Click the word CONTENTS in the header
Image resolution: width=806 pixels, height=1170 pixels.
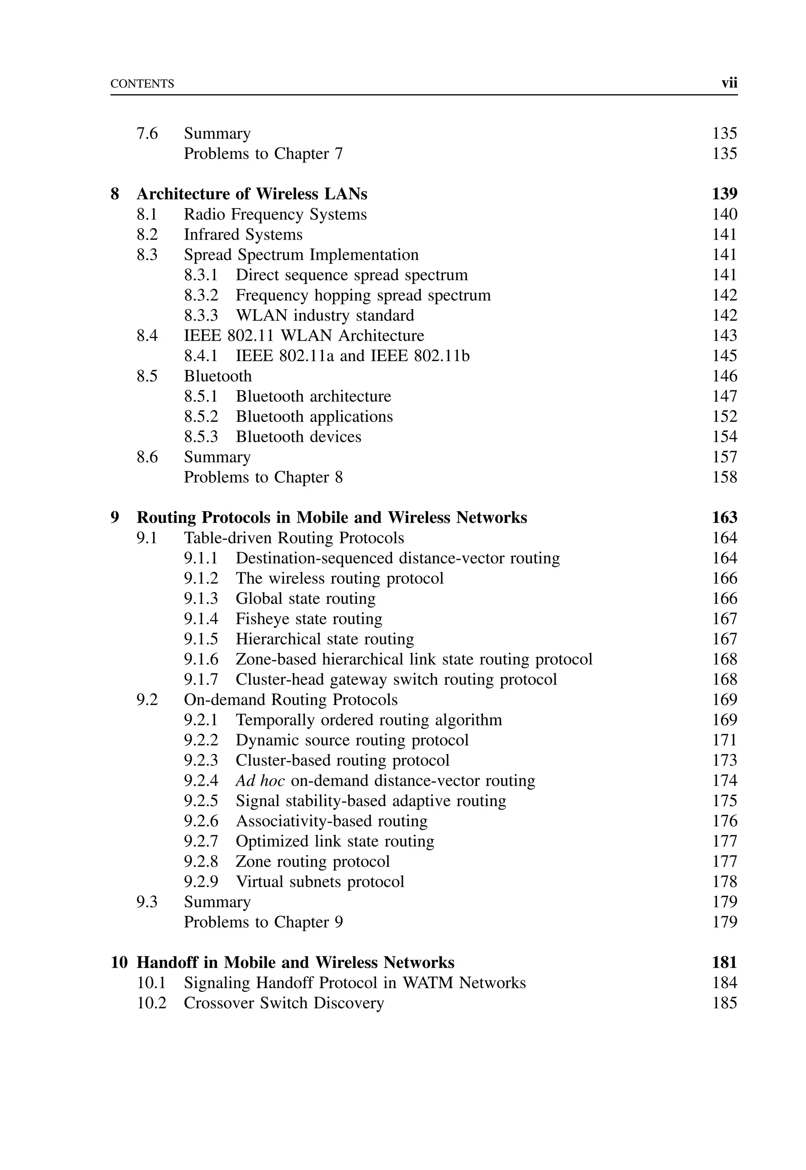click(x=142, y=84)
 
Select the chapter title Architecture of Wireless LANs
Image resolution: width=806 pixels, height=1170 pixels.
click(x=251, y=194)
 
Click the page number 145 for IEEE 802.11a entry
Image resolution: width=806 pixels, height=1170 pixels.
click(x=724, y=356)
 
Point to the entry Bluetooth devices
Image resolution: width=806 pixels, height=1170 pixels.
click(x=298, y=437)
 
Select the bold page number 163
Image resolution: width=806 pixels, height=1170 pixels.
click(x=724, y=518)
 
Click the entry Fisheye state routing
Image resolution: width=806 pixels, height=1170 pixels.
click(x=309, y=619)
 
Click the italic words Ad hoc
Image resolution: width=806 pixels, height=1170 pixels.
click(x=260, y=781)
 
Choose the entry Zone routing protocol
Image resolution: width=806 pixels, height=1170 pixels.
click(x=312, y=862)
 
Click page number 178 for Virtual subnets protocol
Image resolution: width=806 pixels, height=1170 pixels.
click(x=724, y=882)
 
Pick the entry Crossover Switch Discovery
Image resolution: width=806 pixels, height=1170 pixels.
click(x=284, y=1003)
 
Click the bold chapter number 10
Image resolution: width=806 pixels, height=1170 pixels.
click(x=119, y=963)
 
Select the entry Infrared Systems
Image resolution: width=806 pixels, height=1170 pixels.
click(x=243, y=235)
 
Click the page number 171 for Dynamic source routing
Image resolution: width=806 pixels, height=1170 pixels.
click(x=724, y=740)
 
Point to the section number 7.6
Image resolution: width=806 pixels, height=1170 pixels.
click(x=147, y=134)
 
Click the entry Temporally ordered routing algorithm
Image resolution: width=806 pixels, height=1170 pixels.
click(x=369, y=720)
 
